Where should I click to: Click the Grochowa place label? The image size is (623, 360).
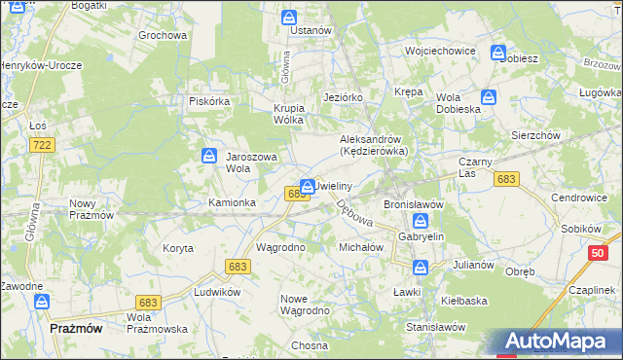pos(162,35)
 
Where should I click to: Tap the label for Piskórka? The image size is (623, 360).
pos(208,100)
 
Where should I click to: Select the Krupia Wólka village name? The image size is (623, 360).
pos(288,114)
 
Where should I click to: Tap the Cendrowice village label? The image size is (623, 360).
pos(578,197)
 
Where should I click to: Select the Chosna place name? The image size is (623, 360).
pos(308,345)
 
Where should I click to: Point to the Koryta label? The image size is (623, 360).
pos(178,248)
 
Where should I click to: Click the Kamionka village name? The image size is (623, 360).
pos(232,202)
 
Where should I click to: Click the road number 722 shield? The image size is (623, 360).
pos(41,144)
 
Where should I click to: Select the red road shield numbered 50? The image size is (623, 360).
pos(598,254)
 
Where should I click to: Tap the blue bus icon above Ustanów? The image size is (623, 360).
pos(289,18)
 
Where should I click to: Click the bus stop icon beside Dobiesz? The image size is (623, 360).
pos(498,54)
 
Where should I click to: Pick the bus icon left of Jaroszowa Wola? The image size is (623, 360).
pos(209,156)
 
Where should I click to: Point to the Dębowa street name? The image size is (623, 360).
pos(353,214)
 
